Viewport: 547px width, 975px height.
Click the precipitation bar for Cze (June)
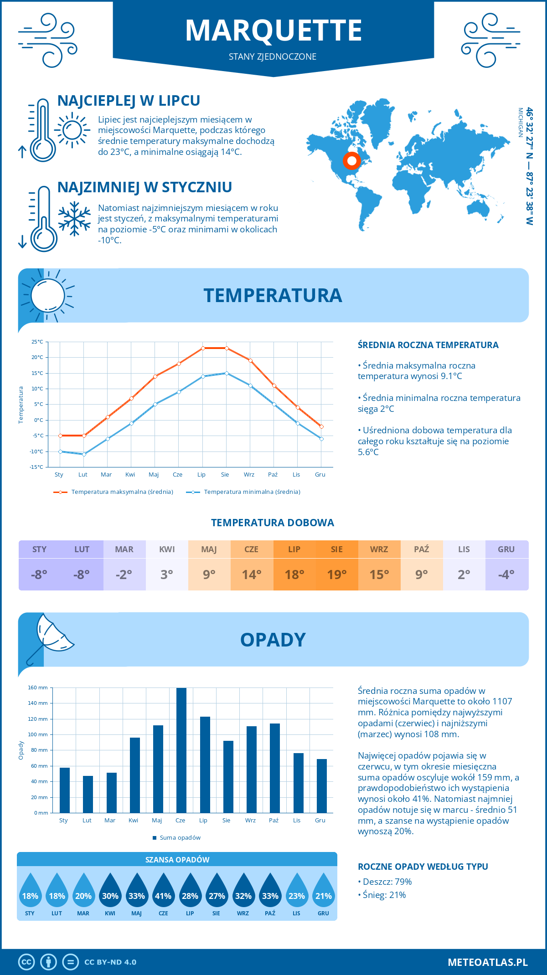click(x=181, y=750)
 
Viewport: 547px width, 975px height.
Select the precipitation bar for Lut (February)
click(x=88, y=794)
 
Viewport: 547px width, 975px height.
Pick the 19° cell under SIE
click(x=336, y=574)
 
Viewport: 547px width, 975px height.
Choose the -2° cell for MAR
click(x=124, y=574)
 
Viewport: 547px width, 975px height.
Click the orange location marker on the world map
click(x=351, y=160)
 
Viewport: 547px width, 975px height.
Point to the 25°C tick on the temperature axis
click(x=37, y=342)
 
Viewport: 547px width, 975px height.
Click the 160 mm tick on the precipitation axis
click(x=38, y=688)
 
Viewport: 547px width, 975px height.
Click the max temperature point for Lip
click(x=203, y=348)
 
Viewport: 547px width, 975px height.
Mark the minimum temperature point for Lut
click(x=84, y=454)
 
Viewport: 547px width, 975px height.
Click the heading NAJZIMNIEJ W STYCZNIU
click(x=144, y=187)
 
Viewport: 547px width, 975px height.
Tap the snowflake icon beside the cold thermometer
click(x=74, y=219)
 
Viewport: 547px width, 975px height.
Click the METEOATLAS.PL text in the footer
click(x=487, y=962)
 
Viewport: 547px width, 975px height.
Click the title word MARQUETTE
click(x=273, y=31)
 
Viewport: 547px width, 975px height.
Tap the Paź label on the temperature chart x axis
click(x=273, y=474)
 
